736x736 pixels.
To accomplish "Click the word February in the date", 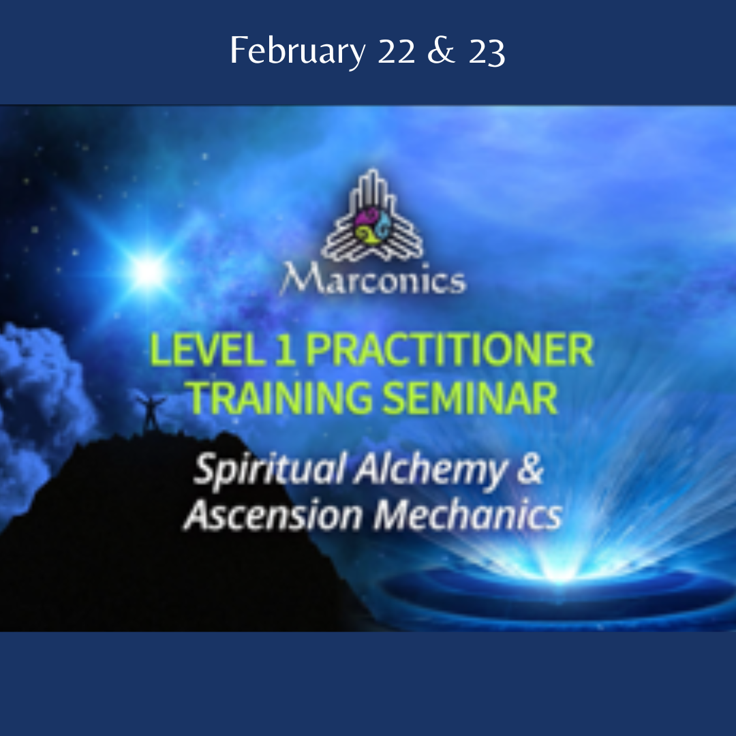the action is point(297,51).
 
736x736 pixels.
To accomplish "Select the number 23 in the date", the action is point(487,51).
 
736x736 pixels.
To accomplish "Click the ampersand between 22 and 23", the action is point(441,51).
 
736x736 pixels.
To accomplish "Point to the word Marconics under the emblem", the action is point(373,279).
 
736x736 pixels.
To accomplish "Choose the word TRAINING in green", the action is point(280,397).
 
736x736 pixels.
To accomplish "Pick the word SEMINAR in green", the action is point(470,397).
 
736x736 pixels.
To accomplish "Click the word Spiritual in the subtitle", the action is point(271,470).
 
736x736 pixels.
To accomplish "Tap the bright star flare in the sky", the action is point(149,271).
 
